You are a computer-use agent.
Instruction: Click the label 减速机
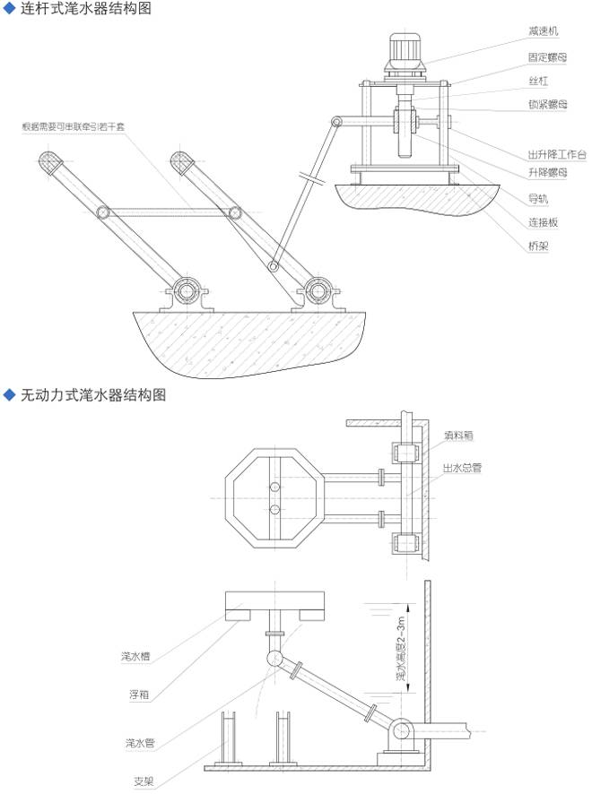tap(544, 31)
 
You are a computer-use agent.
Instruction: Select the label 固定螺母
tap(546, 56)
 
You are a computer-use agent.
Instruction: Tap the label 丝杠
tap(538, 81)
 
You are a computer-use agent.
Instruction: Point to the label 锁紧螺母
tap(546, 105)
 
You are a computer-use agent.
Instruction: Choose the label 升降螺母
tap(546, 173)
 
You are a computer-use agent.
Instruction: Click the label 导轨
tap(538, 197)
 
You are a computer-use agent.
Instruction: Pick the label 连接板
tap(542, 221)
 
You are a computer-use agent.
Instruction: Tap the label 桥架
tap(538, 246)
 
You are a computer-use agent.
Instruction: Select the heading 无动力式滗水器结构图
tap(93, 394)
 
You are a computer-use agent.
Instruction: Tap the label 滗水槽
tap(135, 657)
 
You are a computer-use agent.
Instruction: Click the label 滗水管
tap(135, 743)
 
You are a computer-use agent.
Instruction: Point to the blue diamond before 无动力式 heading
tap(10, 394)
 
